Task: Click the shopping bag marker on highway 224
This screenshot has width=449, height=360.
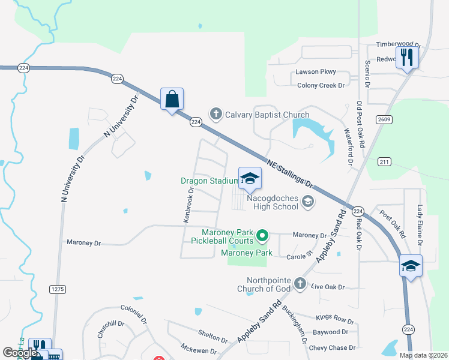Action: tap(172, 100)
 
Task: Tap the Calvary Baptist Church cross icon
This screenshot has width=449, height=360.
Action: tap(215, 113)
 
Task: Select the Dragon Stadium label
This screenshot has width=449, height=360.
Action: tap(209, 181)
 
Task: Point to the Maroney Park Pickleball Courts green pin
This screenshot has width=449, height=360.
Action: tap(262, 236)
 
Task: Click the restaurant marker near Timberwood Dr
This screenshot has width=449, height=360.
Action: tap(408, 58)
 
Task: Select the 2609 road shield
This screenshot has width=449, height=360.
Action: tap(385, 120)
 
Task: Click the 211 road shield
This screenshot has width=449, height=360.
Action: tap(385, 162)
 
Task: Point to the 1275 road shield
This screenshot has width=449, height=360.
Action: tap(58, 289)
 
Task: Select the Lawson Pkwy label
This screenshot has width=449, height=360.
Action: tap(315, 72)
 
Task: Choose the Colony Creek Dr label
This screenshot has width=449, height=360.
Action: tap(321, 85)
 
